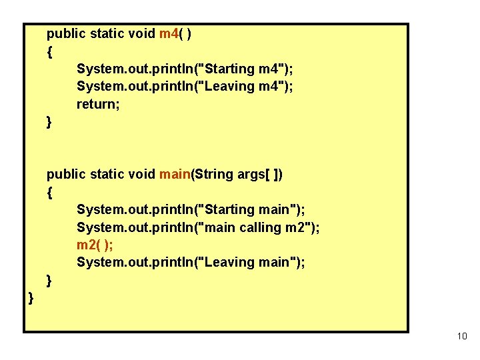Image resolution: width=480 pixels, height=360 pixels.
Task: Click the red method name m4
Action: [x=169, y=34]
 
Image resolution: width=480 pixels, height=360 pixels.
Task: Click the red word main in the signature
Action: [x=175, y=175]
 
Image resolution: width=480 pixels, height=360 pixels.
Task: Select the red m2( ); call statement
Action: [x=95, y=245]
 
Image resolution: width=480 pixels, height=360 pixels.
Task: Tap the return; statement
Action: [x=98, y=104]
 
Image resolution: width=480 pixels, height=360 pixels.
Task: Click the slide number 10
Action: [x=462, y=336]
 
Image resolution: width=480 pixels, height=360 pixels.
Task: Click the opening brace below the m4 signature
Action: [x=49, y=51]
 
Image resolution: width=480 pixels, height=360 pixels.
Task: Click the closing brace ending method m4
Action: [x=49, y=121]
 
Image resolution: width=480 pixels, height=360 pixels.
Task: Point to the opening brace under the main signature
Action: [x=49, y=192]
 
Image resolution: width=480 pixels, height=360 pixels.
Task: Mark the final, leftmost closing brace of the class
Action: [x=31, y=297]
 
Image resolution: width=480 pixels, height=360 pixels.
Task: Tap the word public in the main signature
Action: [x=65, y=175]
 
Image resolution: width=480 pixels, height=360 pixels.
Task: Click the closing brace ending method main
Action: [x=49, y=279]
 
